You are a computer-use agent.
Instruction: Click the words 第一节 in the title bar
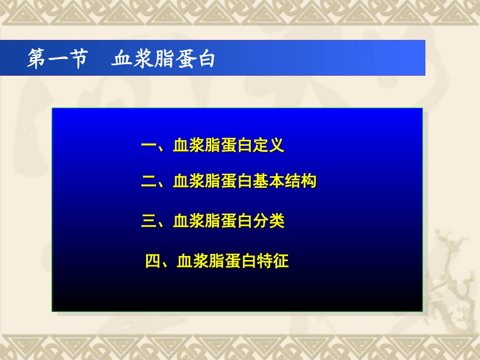(x=57, y=59)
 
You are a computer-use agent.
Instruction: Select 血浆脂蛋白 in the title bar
(x=163, y=59)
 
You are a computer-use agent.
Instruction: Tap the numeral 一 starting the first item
(x=149, y=146)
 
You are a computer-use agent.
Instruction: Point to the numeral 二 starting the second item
(x=149, y=181)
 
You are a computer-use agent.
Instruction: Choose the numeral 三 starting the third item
(x=149, y=221)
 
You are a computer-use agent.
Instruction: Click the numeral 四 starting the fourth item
(x=153, y=261)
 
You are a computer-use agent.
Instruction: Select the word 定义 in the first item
(x=268, y=146)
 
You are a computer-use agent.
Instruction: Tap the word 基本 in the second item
(x=268, y=181)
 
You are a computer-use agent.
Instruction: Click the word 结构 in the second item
(x=301, y=181)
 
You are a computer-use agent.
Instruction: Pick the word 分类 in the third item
(x=269, y=221)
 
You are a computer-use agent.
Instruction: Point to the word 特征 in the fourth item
(x=273, y=261)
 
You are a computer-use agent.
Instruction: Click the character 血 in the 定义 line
(x=181, y=146)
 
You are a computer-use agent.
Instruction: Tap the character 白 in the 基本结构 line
(x=245, y=181)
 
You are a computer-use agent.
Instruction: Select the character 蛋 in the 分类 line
(x=229, y=221)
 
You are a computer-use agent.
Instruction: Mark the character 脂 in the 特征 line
(x=217, y=261)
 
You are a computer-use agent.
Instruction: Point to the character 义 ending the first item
(x=276, y=146)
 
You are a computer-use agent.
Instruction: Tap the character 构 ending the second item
(x=309, y=181)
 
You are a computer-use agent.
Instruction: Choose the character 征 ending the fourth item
(x=281, y=261)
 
